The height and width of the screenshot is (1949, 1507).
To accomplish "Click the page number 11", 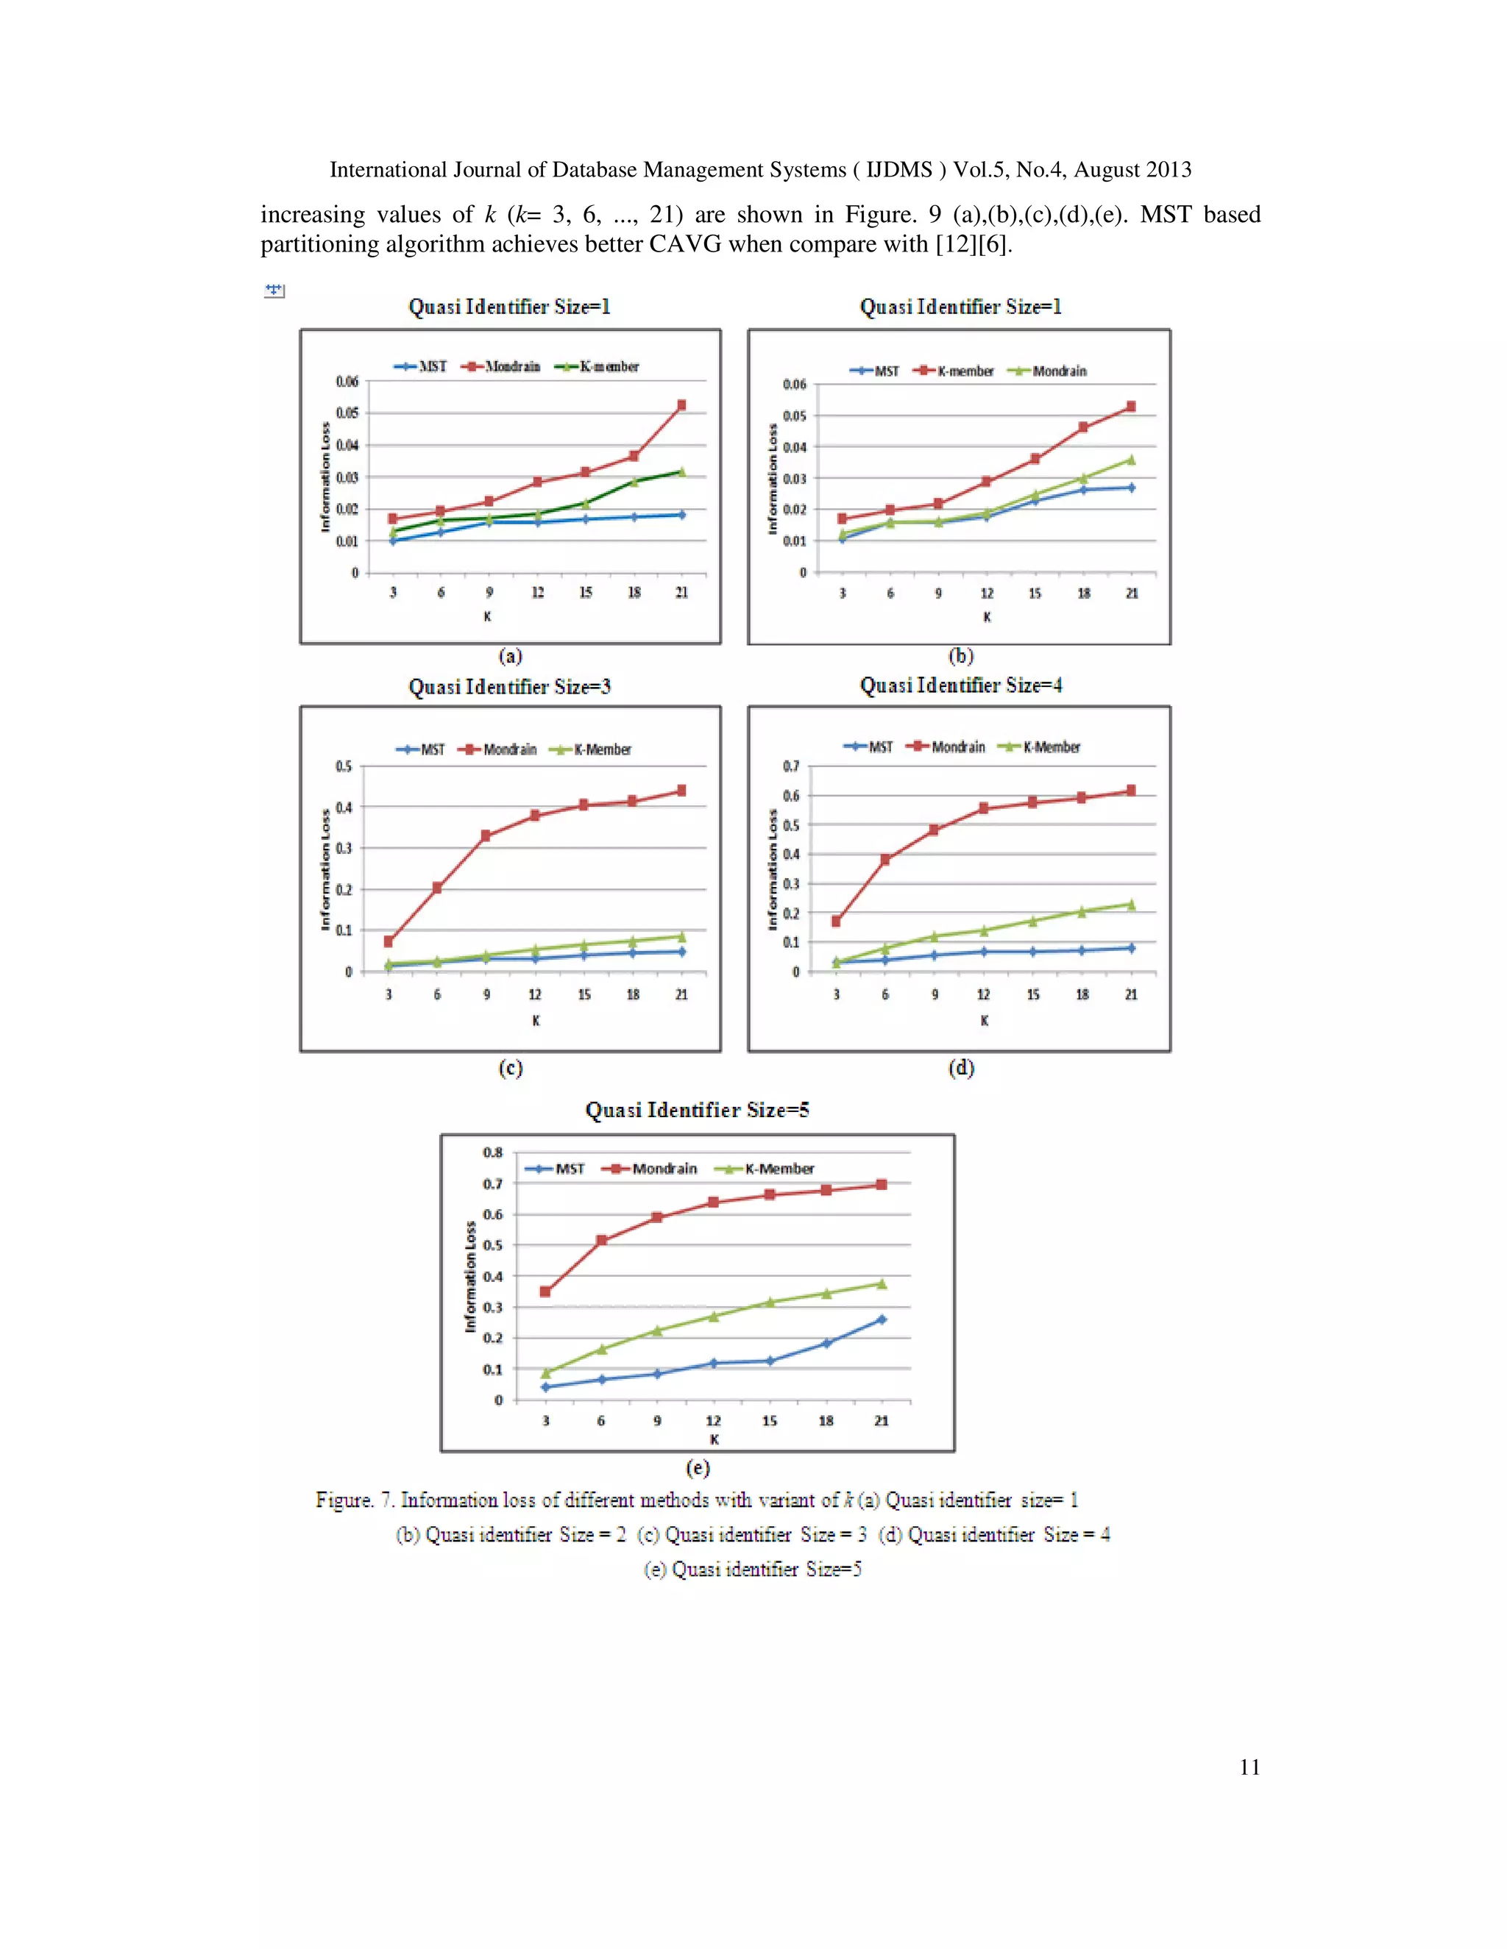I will click(1249, 1767).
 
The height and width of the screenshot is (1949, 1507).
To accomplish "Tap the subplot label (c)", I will click(510, 1067).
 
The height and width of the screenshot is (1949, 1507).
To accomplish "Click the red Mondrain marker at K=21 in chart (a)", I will click(681, 405).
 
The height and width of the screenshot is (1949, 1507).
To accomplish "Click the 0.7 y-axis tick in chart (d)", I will click(791, 766).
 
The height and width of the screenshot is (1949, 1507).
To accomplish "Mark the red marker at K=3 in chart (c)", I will click(389, 941).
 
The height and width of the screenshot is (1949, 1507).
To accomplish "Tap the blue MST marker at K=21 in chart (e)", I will click(881, 1319).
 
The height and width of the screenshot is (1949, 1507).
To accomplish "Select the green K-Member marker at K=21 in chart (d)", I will click(1131, 905).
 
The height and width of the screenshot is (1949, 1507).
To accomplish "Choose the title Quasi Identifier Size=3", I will click(509, 686).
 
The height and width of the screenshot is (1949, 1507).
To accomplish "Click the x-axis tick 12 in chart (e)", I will click(713, 1421).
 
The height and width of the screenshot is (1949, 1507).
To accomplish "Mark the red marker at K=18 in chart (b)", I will click(1083, 427).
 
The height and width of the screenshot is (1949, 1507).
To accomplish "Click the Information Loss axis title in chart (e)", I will click(470, 1277).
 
